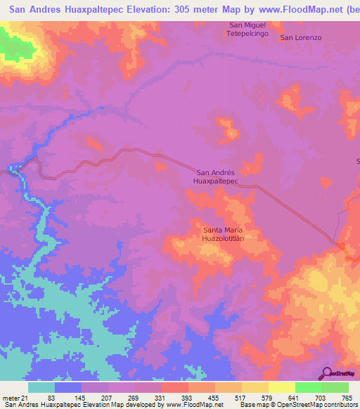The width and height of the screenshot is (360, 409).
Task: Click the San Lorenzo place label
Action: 300,37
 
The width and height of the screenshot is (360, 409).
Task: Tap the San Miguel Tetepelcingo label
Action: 246,30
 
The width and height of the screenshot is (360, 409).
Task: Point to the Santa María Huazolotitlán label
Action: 223,234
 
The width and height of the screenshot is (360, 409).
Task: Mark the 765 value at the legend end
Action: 346,398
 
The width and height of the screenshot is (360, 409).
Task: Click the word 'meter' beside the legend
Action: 10,398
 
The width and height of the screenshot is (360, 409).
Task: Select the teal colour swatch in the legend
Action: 41,387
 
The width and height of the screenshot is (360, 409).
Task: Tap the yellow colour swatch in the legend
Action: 281,387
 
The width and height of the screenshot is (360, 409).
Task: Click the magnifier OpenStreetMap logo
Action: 327,374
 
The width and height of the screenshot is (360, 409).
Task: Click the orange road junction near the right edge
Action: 340,245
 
